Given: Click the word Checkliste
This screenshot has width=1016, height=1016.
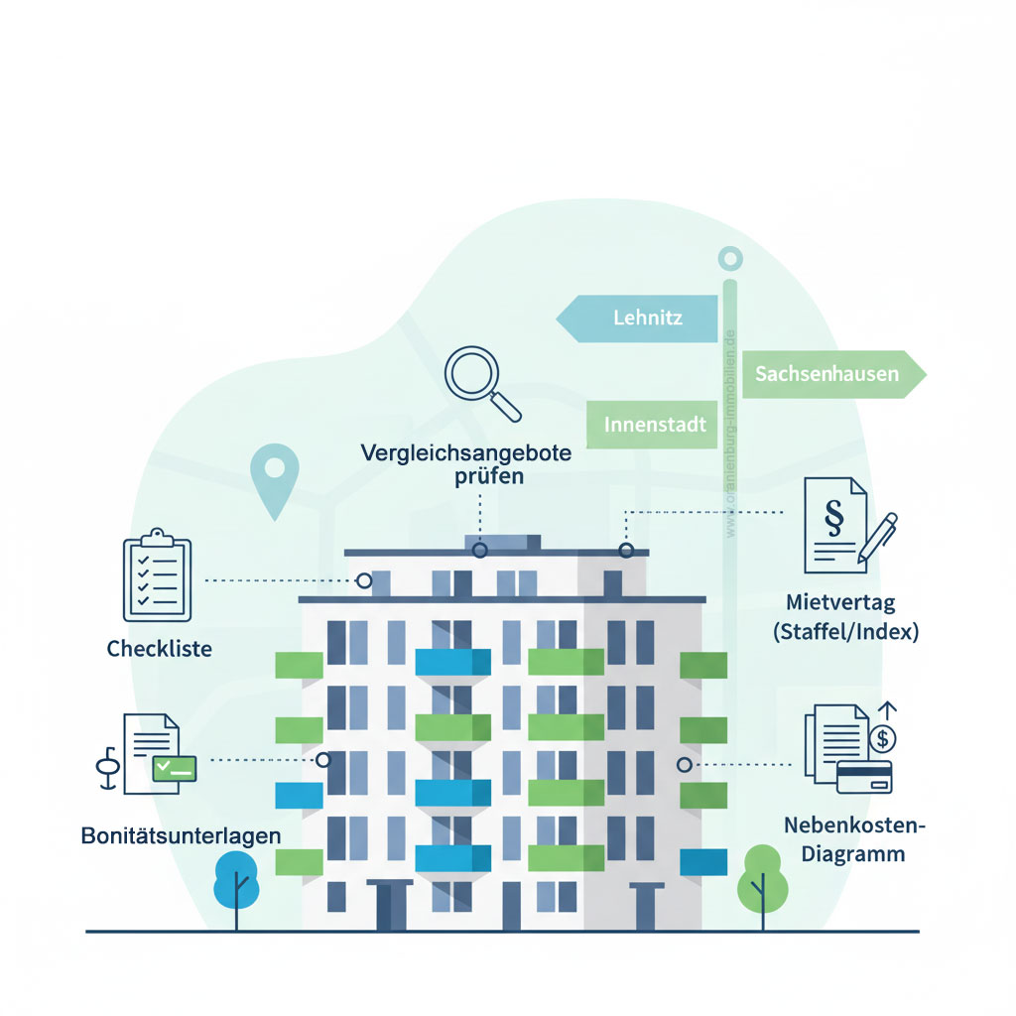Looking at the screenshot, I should [159, 650].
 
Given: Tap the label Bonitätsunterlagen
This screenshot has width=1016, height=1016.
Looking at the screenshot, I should [181, 835].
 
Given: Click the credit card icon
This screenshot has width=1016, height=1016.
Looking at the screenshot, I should [864, 776].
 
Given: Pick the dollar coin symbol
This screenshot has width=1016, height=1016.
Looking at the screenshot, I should [881, 738].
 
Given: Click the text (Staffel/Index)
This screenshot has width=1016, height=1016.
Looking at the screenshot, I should [845, 631].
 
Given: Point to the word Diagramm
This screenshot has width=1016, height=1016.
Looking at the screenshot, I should [845, 853].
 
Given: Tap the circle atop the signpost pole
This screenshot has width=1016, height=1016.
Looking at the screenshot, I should [730, 260].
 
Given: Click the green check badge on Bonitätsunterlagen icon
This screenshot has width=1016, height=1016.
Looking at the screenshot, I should [175, 767].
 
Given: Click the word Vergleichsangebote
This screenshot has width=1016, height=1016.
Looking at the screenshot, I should [466, 453].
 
